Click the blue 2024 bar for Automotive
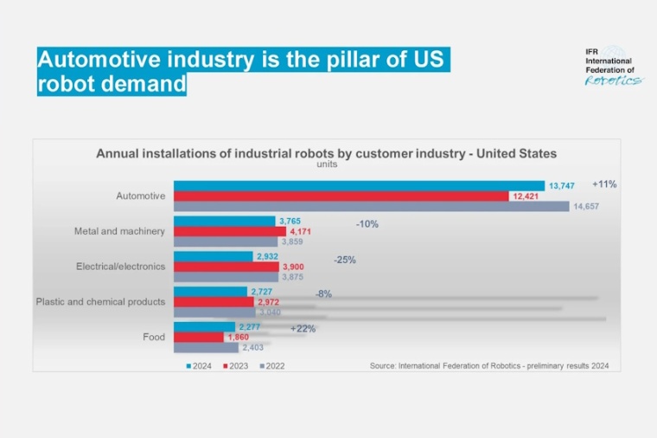pyautogui.click(x=359, y=186)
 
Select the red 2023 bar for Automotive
pyautogui.click(x=341, y=196)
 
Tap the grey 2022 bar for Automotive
pyautogui.click(x=372, y=207)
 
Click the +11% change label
pyautogui.click(x=604, y=184)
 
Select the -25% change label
pyautogui.click(x=345, y=260)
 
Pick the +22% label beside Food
pyautogui.click(x=303, y=329)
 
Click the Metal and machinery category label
pyautogui.click(x=119, y=231)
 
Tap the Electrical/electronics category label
pyautogui.click(x=119, y=267)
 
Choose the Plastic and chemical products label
pyautogui.click(x=100, y=302)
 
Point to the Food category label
pyautogui.click(x=154, y=337)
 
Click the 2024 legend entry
pyautogui.click(x=201, y=366)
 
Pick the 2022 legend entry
pyautogui.click(x=271, y=366)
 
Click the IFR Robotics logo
pyautogui.click(x=613, y=67)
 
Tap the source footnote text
pyautogui.click(x=489, y=366)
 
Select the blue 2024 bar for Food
pyautogui.click(x=204, y=327)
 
